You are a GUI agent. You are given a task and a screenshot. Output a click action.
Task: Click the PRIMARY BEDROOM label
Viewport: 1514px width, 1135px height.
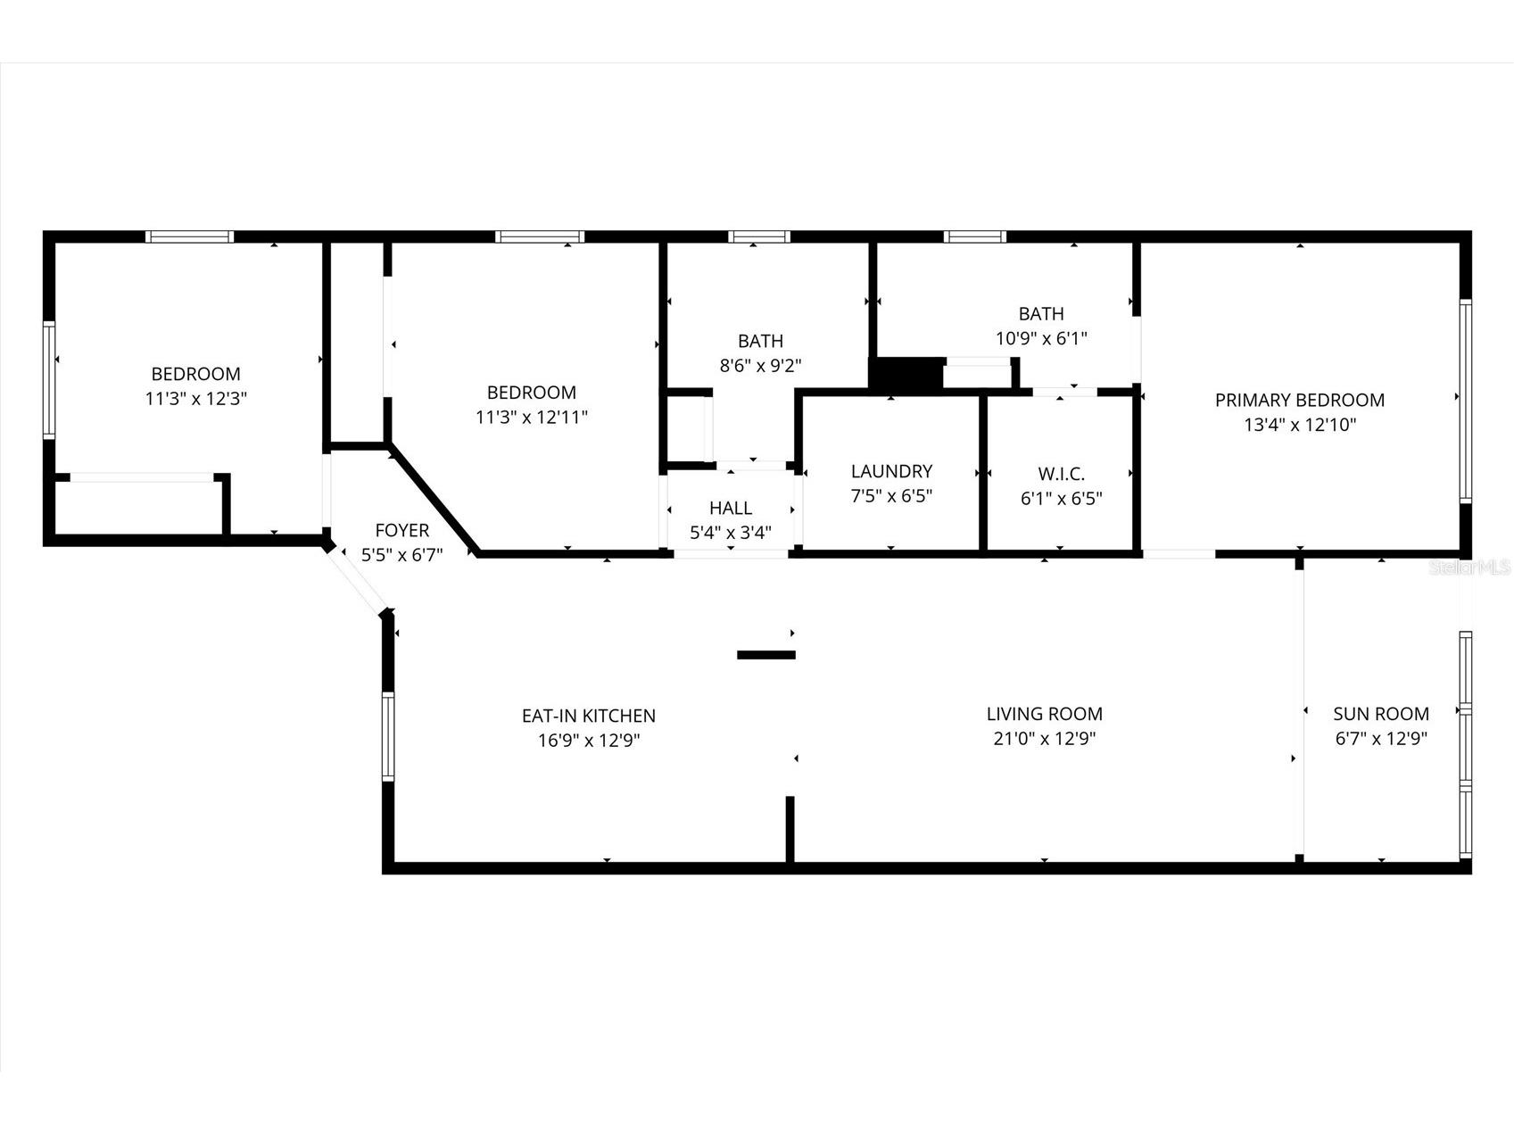pos(1299,401)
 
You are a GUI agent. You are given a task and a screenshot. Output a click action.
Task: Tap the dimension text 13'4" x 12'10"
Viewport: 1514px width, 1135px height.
pos(1299,426)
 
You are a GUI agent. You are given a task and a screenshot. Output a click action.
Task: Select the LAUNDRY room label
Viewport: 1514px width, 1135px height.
pos(891,471)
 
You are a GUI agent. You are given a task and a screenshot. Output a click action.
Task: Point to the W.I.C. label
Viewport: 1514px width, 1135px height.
pos(1061,474)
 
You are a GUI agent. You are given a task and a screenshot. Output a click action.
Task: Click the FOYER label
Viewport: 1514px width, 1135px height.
pos(401,530)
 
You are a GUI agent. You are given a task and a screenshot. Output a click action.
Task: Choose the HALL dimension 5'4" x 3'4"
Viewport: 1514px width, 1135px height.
pos(731,533)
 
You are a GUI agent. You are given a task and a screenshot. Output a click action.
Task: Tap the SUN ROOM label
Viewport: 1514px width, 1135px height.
pos(1380,714)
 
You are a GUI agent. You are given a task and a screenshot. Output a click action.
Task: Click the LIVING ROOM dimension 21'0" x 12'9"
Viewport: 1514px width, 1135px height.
pos(1044,739)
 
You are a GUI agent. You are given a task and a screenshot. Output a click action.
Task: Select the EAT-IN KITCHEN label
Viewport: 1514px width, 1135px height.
pos(588,716)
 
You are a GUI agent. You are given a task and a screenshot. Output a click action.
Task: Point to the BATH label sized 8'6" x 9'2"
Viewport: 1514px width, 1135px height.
pos(760,341)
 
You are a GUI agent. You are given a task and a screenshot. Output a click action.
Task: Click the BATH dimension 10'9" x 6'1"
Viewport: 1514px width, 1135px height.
pos(1041,339)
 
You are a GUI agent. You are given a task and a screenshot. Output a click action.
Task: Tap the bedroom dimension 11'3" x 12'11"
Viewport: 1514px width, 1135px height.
pos(532,417)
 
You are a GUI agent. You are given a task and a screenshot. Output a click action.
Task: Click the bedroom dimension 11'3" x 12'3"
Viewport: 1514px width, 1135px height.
pos(195,399)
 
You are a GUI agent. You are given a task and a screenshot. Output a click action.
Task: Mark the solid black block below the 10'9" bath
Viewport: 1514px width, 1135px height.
pos(906,374)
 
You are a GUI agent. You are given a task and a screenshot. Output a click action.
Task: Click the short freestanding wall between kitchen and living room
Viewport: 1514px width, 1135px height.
pos(765,655)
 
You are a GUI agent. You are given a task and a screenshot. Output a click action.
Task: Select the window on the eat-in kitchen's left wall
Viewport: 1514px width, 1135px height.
pos(388,737)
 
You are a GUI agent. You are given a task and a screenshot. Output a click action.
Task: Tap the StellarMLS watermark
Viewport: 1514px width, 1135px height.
pos(1468,567)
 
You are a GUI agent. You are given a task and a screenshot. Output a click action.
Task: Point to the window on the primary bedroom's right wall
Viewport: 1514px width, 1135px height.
pos(1464,401)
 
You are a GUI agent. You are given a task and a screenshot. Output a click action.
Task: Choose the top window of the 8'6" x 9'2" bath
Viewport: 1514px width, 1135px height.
pos(758,236)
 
